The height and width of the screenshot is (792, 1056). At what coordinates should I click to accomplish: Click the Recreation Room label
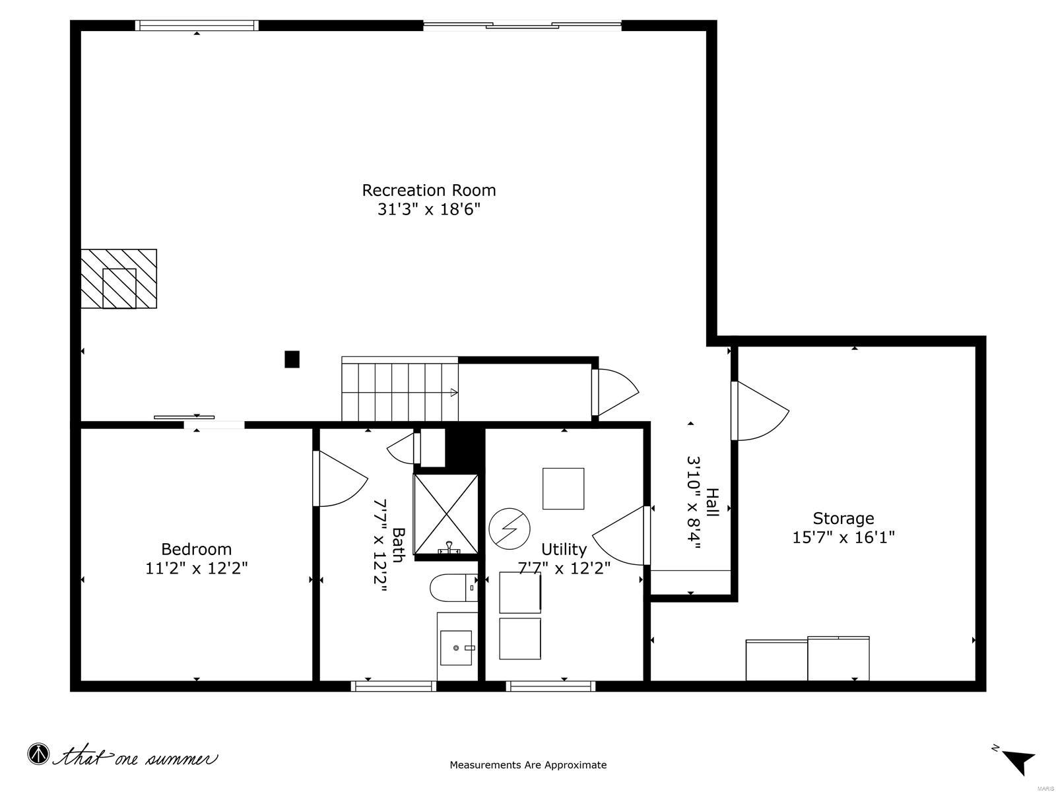[x=428, y=190]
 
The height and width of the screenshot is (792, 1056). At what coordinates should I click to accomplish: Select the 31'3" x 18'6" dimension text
[x=428, y=210]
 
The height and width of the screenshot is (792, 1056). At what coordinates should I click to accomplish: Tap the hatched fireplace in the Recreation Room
[x=119, y=279]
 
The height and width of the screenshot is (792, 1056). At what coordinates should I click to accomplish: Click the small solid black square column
[x=292, y=359]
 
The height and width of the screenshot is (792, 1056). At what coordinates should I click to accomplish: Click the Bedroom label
[x=196, y=549]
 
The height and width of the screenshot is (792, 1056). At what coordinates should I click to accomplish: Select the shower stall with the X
[x=445, y=515]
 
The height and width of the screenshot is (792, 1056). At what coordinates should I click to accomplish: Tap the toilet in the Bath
[x=452, y=587]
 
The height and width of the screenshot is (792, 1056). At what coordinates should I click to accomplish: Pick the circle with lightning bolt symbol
[x=510, y=527]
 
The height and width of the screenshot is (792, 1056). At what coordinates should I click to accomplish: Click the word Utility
[x=564, y=549]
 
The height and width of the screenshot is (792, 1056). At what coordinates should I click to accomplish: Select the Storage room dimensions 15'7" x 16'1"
[x=843, y=537]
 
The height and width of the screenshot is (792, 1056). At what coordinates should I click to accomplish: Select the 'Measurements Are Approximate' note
[x=528, y=765]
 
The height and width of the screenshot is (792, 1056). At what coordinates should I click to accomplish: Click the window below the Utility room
[x=550, y=686]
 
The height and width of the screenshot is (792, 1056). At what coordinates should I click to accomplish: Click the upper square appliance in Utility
[x=563, y=488]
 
